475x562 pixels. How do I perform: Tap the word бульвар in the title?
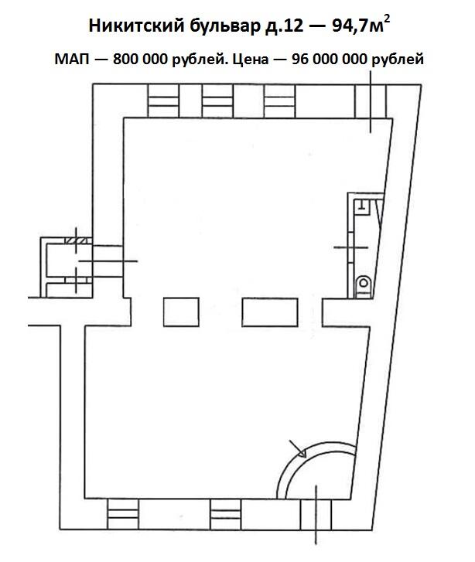pos(224,26)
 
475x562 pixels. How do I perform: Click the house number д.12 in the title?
pos(284,26)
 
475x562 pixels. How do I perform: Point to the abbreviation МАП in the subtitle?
pos(72,60)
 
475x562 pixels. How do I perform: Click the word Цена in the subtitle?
pos(251,60)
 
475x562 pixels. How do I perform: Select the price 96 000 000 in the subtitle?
pos(330,60)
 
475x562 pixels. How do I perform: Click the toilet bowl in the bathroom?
pos(364,286)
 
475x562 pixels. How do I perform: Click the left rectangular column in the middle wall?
pos(181,312)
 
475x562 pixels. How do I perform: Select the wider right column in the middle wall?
pos(270,312)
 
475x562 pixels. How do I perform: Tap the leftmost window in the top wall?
pos(163,101)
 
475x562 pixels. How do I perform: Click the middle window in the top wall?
pos(217,101)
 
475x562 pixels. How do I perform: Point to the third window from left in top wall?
pos(279,101)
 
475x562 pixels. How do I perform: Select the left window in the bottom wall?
pos(123,514)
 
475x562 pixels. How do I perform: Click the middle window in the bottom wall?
pos(226,514)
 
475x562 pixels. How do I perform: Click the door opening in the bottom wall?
pos(316,514)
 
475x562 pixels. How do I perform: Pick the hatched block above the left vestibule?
pos(77,241)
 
